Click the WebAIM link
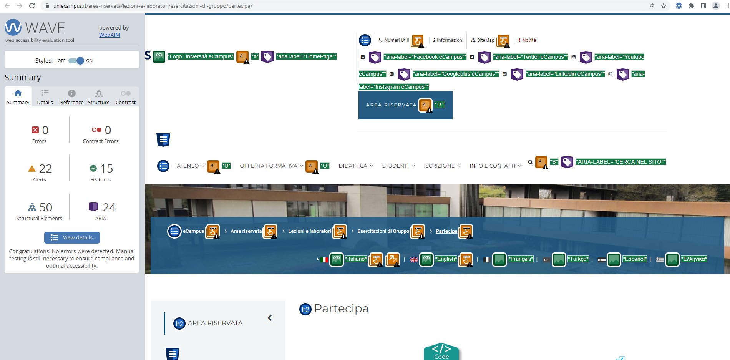109,35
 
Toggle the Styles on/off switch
76,61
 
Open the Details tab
45,97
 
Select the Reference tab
72,97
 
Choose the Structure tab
99,97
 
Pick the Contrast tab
126,97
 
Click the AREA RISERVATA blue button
405,105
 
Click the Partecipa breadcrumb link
446,231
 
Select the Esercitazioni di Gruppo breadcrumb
383,231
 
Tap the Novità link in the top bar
527,40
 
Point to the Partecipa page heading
341,309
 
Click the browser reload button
32,6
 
